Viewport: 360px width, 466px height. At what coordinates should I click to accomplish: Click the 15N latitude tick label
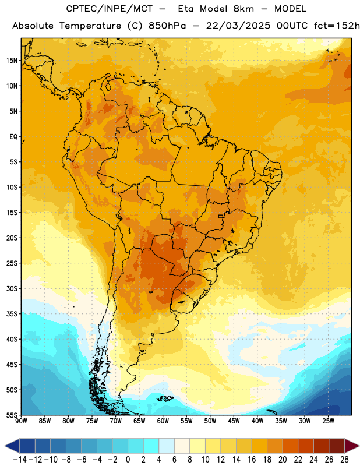tap(12, 61)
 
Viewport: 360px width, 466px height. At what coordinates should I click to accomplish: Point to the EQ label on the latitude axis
tap(13, 137)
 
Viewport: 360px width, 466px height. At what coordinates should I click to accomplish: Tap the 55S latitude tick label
tap(12, 415)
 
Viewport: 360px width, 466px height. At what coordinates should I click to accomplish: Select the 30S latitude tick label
tap(12, 288)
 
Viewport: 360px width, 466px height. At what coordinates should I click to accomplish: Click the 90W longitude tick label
tap(21, 421)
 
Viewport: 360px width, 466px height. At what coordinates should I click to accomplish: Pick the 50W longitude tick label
tap(210, 421)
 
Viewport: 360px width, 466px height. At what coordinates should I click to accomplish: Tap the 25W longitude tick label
tap(328, 421)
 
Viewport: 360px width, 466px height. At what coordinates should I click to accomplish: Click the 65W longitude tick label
tap(139, 421)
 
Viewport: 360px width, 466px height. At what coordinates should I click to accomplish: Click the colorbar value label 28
tap(344, 460)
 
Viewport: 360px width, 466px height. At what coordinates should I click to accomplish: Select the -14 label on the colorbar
tap(20, 460)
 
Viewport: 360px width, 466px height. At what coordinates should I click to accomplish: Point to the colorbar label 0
tap(128, 460)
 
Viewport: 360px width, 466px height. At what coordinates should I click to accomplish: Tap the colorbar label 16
tap(252, 460)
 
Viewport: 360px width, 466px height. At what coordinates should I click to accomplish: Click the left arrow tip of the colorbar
tap(5, 446)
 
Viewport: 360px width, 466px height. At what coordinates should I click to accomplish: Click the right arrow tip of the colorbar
tap(359, 446)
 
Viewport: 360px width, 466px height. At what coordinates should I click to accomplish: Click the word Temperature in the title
tap(90, 26)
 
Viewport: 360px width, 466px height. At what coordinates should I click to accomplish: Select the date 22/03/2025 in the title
tap(238, 26)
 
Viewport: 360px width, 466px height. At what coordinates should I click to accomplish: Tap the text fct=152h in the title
tap(337, 26)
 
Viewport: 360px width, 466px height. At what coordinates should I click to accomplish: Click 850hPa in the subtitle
tap(167, 26)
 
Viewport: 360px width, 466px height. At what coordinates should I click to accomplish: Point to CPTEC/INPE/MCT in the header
tap(109, 9)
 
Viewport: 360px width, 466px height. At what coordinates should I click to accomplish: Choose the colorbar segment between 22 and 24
tap(306, 446)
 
